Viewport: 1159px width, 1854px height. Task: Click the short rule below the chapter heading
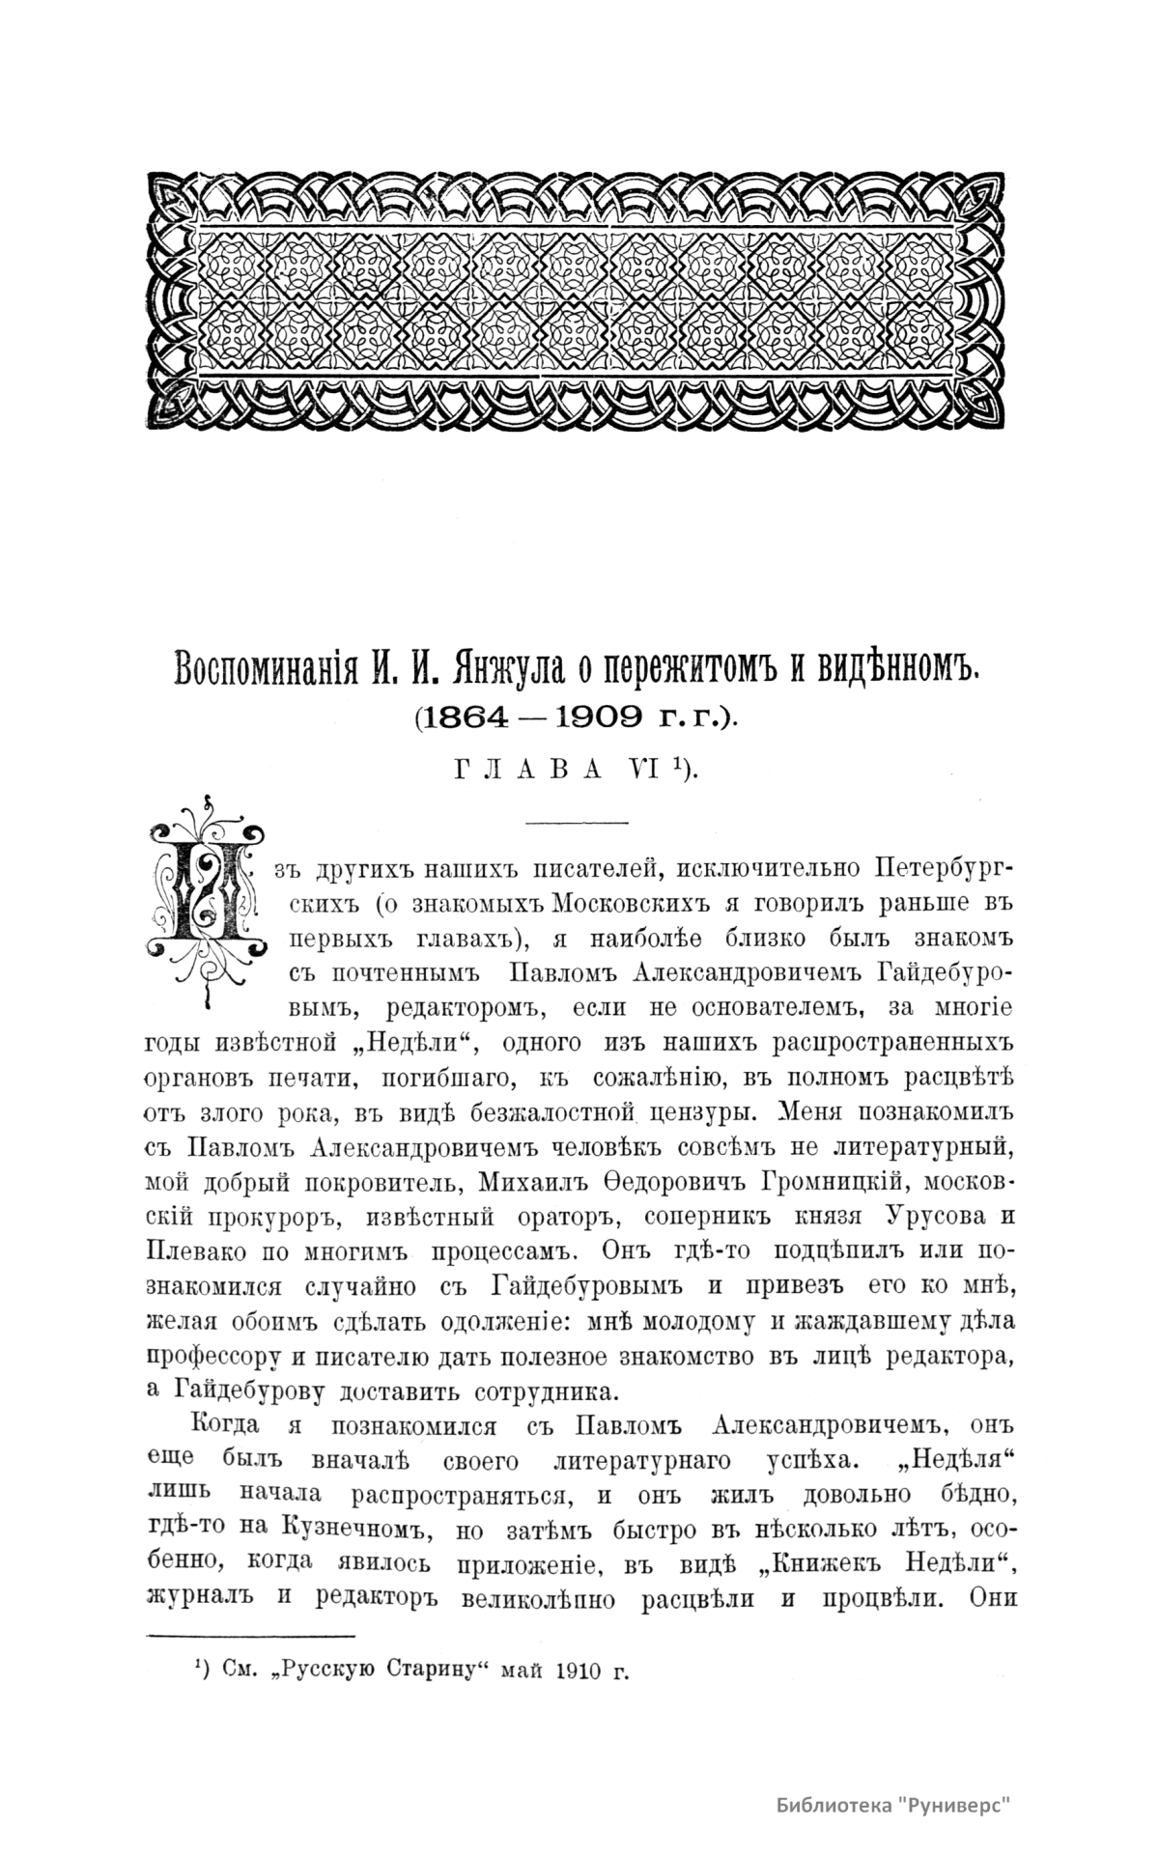coord(577,822)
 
